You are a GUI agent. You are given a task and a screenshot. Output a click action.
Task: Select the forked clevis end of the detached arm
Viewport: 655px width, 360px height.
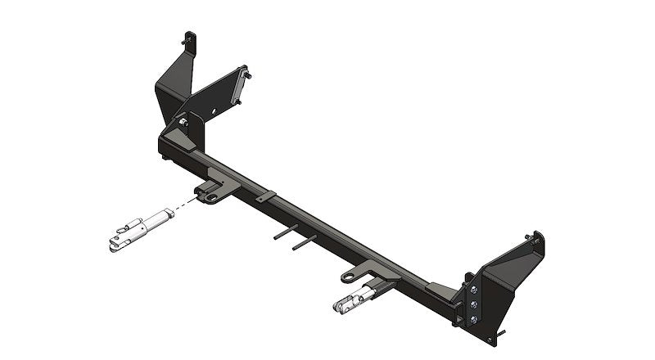(x=116, y=241)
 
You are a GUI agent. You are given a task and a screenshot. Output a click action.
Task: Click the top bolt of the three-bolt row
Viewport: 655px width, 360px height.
(x=473, y=289)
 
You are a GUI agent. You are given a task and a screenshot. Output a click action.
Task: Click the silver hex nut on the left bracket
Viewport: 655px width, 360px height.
(x=182, y=124)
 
